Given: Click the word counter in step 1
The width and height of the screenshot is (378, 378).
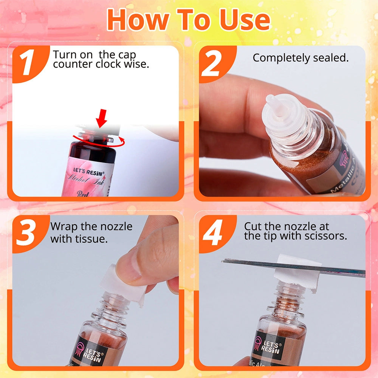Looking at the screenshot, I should [x=72, y=64].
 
